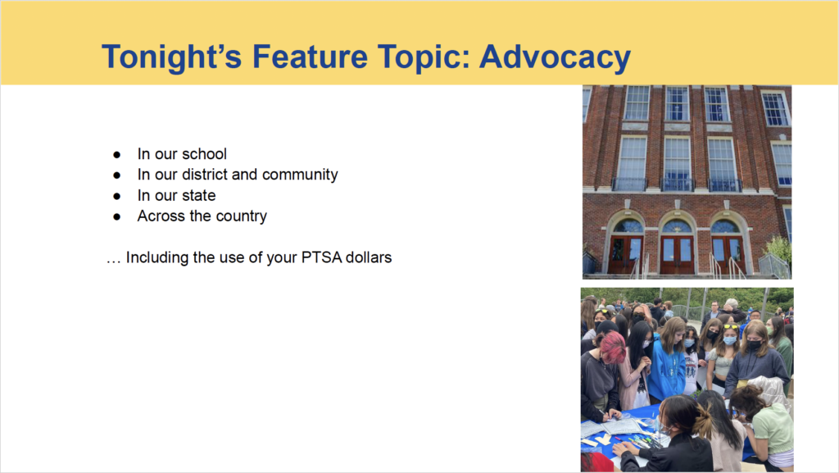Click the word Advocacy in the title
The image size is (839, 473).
(555, 57)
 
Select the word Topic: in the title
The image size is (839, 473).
(424, 57)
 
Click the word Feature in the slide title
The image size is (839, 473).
(310, 57)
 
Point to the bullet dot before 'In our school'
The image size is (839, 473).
(116, 155)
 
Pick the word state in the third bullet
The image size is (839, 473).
(199, 195)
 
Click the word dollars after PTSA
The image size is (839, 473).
(369, 257)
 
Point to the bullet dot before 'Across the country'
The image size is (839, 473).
(116, 216)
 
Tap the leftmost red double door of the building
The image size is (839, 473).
(624, 255)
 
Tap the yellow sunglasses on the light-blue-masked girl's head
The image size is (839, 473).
(730, 326)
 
